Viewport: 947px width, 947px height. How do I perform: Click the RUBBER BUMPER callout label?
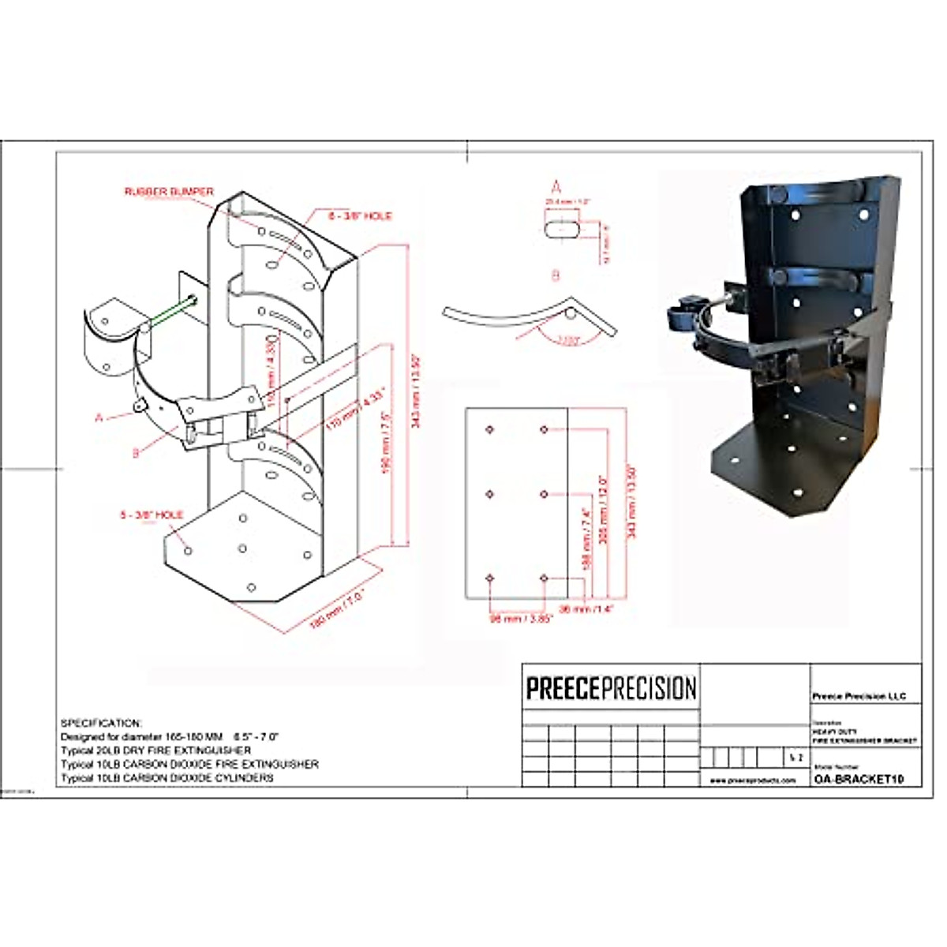[x=169, y=192]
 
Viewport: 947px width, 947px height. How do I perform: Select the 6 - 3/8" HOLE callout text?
[x=360, y=215]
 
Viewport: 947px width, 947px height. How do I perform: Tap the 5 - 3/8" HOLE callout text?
[x=152, y=515]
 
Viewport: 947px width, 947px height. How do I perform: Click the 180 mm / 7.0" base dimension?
[x=337, y=608]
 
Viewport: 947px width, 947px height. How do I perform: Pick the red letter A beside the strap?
[x=99, y=417]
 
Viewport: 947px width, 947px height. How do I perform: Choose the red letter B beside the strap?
[x=136, y=453]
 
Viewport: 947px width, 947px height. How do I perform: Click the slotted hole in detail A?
[x=561, y=227]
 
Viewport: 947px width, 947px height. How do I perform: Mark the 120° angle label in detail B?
[x=565, y=341]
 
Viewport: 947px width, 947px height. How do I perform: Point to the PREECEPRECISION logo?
[x=612, y=687]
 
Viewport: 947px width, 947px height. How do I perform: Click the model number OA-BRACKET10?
[x=857, y=779]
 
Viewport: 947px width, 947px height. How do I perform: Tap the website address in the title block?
[x=753, y=780]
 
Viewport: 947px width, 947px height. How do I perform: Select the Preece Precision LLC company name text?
[x=859, y=696]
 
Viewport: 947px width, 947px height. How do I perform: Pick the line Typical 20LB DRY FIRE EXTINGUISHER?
[x=156, y=750]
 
